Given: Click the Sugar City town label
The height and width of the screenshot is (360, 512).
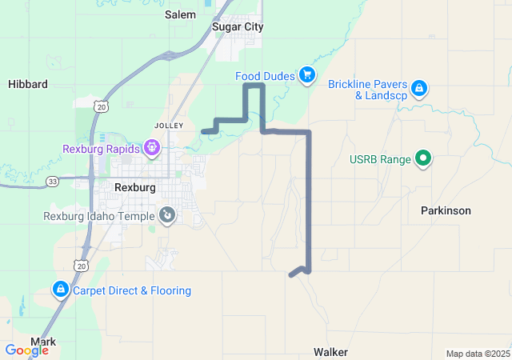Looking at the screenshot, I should [238, 26].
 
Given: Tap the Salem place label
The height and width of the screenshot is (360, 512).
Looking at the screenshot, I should [180, 14].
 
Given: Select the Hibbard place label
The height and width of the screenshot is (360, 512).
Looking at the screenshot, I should [28, 83].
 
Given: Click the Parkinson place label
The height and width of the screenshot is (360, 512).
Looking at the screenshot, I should [446, 210].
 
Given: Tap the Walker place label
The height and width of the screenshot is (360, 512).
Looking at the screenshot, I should [330, 351].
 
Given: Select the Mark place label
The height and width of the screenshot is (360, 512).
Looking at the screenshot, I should [43, 342].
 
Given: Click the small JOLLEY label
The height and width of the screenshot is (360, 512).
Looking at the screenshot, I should [169, 126].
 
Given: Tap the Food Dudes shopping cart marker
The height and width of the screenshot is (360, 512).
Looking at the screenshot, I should [306, 75].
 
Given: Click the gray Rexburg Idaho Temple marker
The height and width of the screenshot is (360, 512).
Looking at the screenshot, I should [167, 214].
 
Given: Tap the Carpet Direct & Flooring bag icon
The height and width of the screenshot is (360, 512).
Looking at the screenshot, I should [60, 289].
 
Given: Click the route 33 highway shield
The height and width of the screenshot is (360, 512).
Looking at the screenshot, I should [52, 181].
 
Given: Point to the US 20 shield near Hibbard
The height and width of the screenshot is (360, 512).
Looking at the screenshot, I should [99, 106].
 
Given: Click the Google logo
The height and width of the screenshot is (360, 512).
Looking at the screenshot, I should [26, 350].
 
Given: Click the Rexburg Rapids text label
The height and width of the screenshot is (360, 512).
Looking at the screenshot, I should [101, 149].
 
